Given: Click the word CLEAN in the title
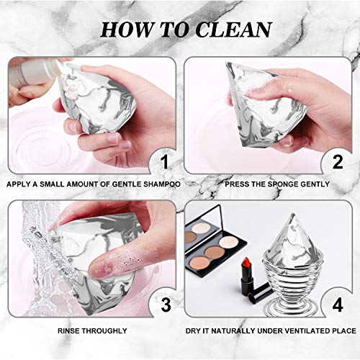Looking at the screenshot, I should click(231, 29).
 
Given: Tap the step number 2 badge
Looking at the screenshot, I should click(336, 160).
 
